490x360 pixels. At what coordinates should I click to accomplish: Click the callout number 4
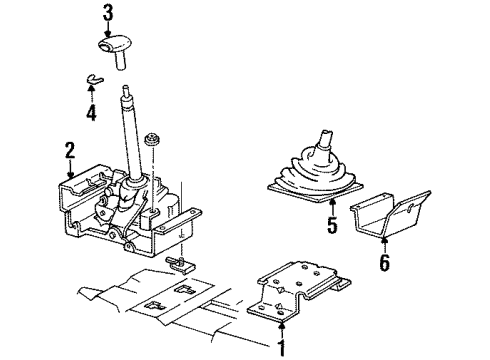[91, 114]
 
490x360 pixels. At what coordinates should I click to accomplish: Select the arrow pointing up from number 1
[283, 330]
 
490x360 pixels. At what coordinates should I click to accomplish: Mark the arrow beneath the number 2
[69, 172]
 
